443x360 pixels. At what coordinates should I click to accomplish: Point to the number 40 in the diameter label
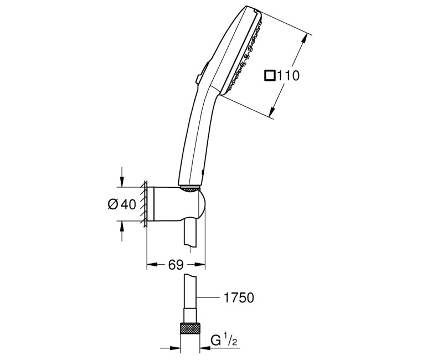128,204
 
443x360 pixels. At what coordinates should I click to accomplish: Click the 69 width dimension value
176,265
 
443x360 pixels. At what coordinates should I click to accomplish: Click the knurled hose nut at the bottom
188,328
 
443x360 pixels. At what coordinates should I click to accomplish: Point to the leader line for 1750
208,298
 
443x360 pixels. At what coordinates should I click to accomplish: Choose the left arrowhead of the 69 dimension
150,265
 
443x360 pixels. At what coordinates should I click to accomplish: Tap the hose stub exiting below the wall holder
188,233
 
